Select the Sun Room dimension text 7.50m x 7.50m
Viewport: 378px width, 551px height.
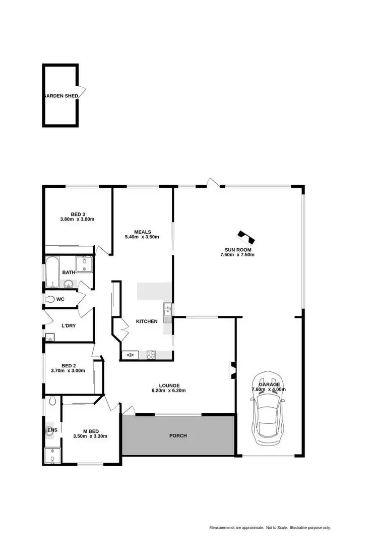click(237, 255)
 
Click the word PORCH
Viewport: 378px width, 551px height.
click(178, 435)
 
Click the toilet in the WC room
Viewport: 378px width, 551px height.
click(49, 299)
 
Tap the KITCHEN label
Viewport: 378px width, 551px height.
click(147, 321)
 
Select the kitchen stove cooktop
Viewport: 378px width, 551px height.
click(151, 355)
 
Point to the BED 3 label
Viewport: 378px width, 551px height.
click(78, 214)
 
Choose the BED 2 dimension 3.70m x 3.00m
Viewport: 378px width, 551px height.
click(68, 370)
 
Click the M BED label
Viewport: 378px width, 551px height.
click(90, 431)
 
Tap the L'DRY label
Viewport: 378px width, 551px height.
click(69, 326)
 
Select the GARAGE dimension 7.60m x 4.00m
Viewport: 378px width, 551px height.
click(269, 390)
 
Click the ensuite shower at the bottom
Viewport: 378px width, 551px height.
click(51, 456)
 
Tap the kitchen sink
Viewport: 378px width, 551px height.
click(167, 309)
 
